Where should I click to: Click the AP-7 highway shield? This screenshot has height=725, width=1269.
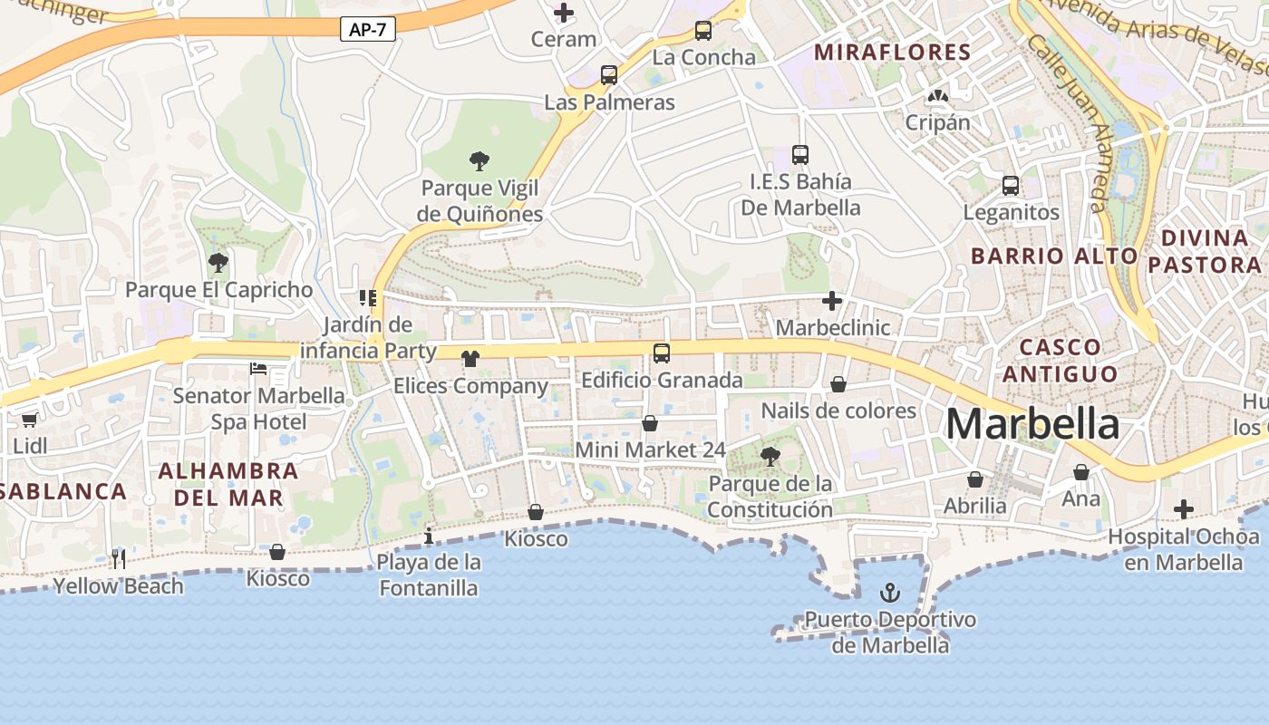pos(368,29)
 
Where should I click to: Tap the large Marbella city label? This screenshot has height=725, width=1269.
pos(1032,424)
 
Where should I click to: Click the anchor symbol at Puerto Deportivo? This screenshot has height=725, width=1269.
pos(890,594)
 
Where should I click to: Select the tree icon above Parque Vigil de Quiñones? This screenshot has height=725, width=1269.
pos(480,161)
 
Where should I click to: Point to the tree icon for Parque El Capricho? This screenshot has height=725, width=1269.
pos(218,263)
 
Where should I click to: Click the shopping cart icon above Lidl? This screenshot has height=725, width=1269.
pos(30,420)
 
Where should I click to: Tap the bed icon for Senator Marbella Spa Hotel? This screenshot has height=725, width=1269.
pos(258,369)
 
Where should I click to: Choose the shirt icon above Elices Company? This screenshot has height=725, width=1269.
pos(470,359)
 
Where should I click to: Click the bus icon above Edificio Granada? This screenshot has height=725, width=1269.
pos(662,353)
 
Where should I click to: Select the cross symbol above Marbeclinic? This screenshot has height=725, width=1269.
pos(832,301)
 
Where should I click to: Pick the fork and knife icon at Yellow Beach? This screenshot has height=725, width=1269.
pos(118,558)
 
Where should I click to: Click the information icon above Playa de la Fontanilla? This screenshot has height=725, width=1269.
pos(429,536)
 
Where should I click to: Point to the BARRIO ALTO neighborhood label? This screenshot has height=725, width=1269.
pos(1053,256)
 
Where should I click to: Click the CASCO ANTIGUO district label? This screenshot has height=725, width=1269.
pos(1061,360)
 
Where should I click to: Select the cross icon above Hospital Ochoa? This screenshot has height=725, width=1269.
pos(1183,509)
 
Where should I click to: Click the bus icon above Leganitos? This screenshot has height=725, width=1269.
pos(1011,186)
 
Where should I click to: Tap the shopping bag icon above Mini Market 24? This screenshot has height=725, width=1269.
pos(650,423)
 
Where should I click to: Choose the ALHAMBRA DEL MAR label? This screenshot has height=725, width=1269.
pos(228,484)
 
